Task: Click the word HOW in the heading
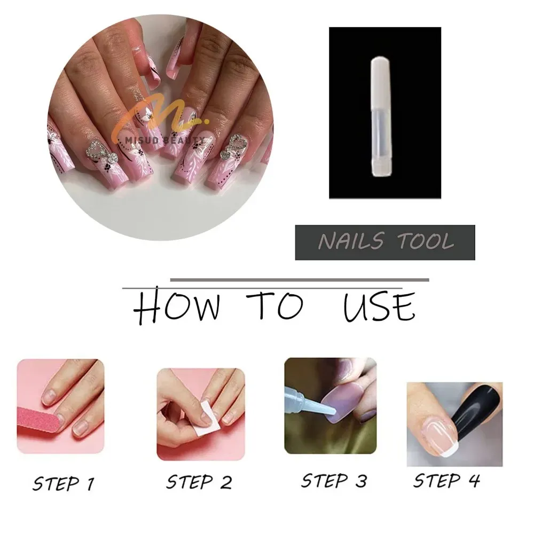click(x=176, y=307)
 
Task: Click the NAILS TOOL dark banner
click(x=385, y=242)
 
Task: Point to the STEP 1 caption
click(x=63, y=483)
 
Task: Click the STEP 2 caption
click(x=199, y=482)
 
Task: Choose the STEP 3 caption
click(x=334, y=480)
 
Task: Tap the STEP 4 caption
click(x=446, y=481)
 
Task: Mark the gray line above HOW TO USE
click(x=299, y=279)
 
